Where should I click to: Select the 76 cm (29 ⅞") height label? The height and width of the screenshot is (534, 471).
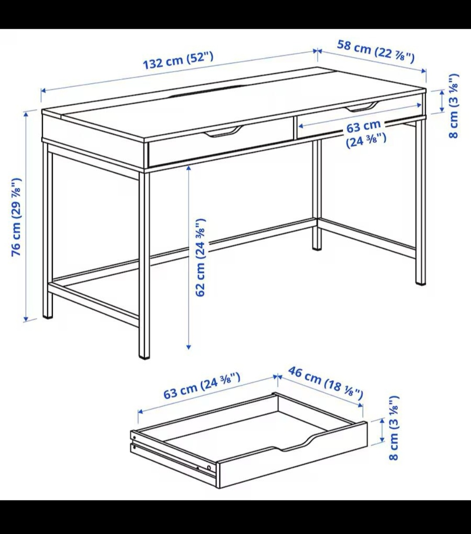16,217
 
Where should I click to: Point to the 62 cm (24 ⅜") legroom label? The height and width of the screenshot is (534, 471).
200,257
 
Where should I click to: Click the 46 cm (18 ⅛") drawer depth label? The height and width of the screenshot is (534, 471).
325,382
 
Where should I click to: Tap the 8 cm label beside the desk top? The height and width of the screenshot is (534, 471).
454,106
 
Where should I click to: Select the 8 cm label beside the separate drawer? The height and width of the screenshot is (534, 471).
394,435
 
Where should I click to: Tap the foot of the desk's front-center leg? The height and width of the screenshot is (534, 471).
144,357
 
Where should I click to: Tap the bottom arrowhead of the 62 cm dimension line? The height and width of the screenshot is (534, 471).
188,347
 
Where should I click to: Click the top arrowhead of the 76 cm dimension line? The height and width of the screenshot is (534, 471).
26,114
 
